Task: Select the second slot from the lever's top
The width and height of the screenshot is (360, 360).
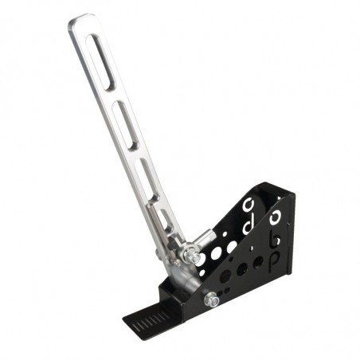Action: tap(126, 128)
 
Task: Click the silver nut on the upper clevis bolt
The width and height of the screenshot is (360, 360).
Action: tap(194, 257)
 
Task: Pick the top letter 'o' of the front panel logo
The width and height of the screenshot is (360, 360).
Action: tap(278, 217)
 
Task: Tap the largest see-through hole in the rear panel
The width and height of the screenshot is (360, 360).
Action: tap(216, 253)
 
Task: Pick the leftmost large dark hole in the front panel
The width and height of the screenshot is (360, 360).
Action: tap(226, 276)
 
